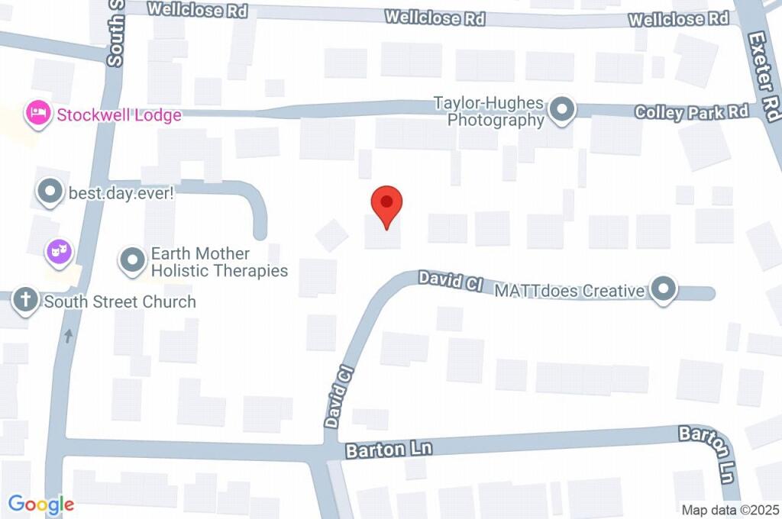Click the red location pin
386,204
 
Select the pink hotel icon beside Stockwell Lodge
37,114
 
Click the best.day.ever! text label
122,193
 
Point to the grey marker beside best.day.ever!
50,192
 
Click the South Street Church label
120,301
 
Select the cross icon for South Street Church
25,301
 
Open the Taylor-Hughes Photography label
489,111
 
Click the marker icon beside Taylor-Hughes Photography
564,110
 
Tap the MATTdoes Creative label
570,291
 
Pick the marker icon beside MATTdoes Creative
664,290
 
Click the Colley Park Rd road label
691,112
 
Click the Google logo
41,504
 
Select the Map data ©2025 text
729,510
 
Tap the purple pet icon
59,250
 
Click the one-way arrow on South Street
69,335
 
